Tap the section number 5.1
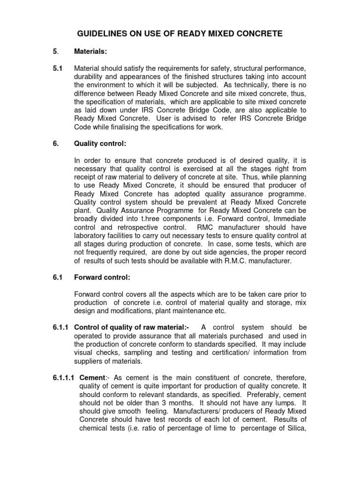(x=58, y=68)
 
